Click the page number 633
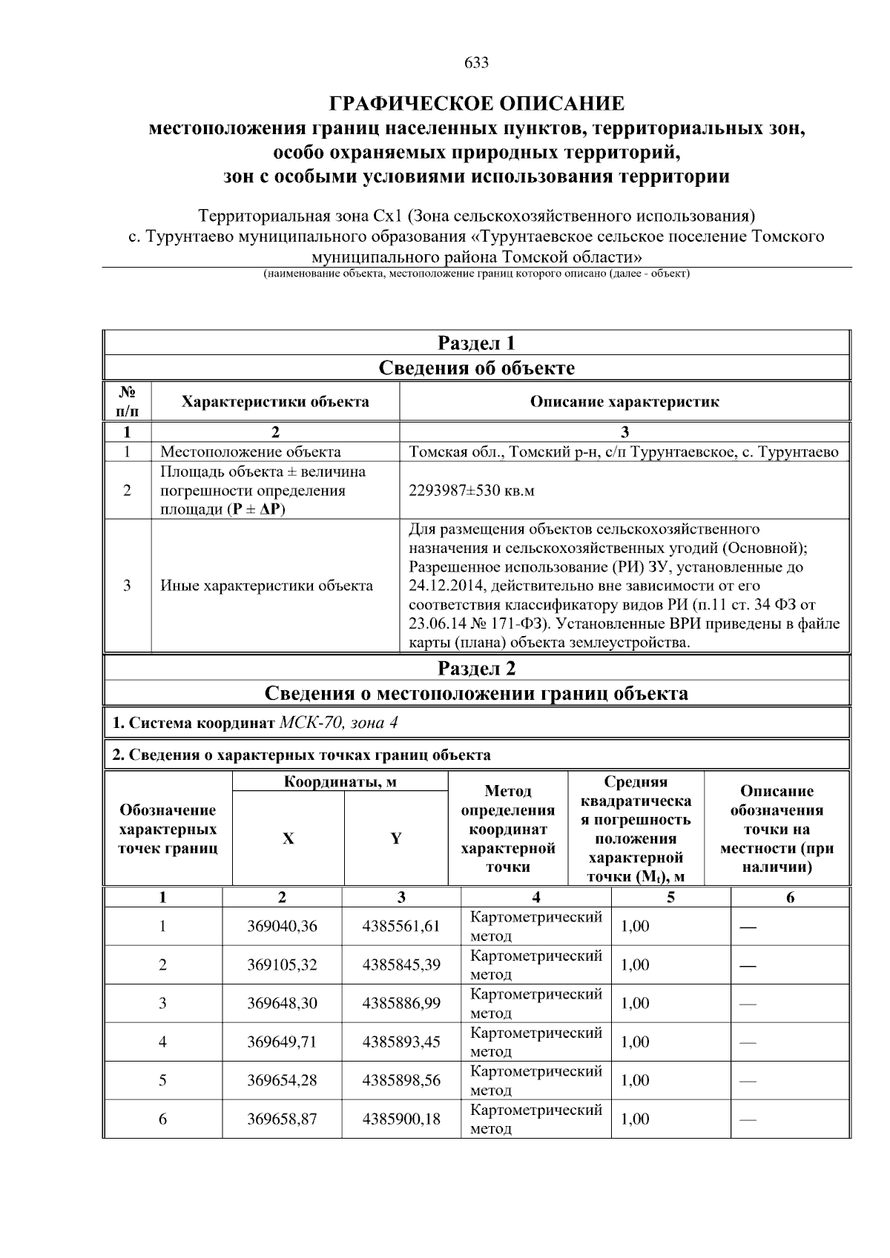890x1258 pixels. (x=476, y=63)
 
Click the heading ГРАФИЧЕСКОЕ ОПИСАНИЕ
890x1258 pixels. (x=476, y=103)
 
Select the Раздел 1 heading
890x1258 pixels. (x=476, y=343)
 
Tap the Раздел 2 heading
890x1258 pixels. (x=476, y=669)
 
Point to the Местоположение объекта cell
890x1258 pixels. (x=251, y=452)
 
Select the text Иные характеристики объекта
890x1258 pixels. (x=266, y=586)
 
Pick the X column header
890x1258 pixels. (x=288, y=838)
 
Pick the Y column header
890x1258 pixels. (x=396, y=838)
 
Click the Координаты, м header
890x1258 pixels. (x=340, y=782)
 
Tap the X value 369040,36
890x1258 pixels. (x=282, y=926)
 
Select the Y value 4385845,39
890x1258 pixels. (x=401, y=964)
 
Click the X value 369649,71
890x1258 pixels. (x=282, y=1042)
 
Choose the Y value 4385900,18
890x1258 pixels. (x=401, y=1119)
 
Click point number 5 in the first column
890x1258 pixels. (x=162, y=1080)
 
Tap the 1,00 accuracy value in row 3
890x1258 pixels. (x=635, y=1003)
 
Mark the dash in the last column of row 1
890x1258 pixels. (x=748, y=927)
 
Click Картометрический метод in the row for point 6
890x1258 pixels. (x=535, y=1119)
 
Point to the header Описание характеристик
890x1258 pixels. (x=624, y=402)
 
